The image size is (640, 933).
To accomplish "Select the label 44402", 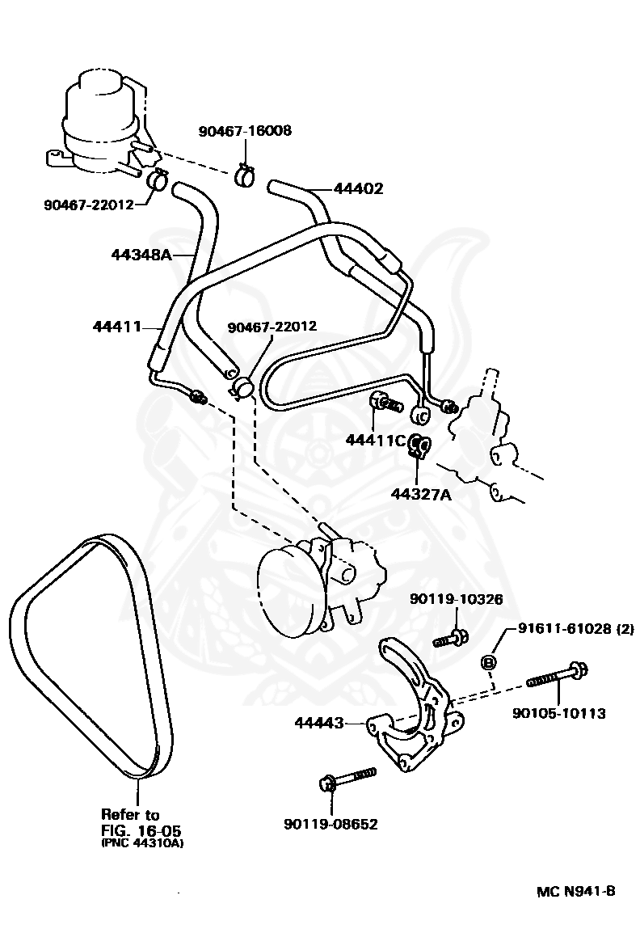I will (358, 189).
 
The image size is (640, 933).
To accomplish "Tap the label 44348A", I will (141, 255).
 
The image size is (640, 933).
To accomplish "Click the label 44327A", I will (421, 493).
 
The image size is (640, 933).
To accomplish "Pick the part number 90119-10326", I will (456, 599).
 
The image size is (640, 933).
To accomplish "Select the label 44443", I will (320, 722).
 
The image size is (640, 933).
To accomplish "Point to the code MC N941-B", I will (575, 891).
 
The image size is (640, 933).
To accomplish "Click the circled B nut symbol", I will (488, 662).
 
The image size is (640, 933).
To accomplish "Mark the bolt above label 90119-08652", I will (347, 779).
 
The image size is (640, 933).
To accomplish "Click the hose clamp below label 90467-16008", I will (245, 174).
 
